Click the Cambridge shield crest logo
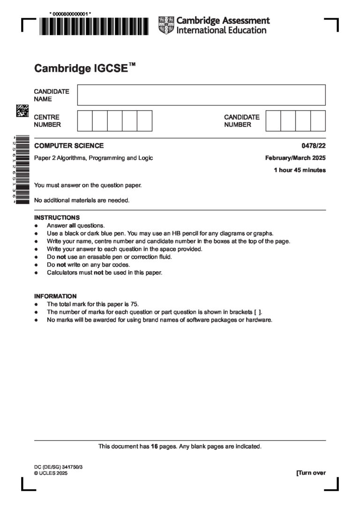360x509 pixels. click(166, 25)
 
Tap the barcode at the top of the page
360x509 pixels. click(94, 27)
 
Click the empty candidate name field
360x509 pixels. click(201, 95)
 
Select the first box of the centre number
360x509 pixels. click(85, 120)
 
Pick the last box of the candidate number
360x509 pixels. click(318, 120)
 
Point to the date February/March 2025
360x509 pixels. click(295, 158)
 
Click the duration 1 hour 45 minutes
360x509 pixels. click(300, 170)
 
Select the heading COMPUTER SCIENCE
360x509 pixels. click(69, 146)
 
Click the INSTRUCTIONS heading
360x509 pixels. click(57, 217)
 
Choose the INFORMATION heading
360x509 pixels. click(55, 296)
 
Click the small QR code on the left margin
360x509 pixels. click(22, 111)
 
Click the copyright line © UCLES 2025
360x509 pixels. click(51, 473)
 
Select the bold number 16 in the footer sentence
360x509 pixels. click(154, 447)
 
